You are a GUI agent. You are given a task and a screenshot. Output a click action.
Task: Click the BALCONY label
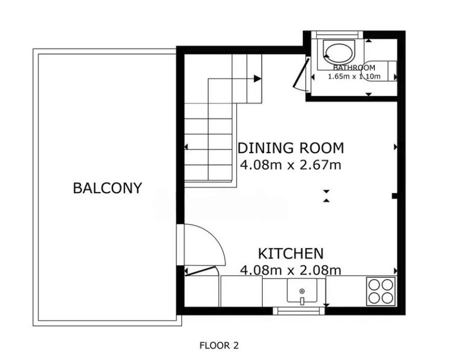[107, 188]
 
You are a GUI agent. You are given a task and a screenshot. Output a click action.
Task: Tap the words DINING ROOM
[291, 148]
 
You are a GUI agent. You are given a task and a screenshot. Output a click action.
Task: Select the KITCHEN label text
[291, 253]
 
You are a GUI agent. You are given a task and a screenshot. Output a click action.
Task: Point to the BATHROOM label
[354, 67]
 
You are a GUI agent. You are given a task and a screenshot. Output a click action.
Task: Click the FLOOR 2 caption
[219, 345]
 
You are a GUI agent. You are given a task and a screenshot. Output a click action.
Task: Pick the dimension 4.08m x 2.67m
[291, 165]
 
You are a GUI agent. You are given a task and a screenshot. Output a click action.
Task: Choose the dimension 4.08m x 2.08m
[291, 270]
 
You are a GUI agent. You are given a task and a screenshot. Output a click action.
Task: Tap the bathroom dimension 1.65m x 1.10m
[354, 76]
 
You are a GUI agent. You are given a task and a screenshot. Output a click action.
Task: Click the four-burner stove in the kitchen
[381, 291]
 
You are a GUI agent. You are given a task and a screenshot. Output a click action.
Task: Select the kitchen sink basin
[302, 290]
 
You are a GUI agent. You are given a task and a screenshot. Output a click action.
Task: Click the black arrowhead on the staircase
[257, 78]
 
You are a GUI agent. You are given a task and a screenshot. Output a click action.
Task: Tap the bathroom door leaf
[301, 73]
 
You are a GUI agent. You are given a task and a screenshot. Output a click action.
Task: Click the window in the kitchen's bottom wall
[299, 311]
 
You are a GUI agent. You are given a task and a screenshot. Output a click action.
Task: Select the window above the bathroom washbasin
[337, 34]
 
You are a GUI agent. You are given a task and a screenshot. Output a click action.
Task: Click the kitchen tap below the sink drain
[302, 301]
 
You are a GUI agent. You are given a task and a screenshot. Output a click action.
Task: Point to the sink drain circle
[302, 291]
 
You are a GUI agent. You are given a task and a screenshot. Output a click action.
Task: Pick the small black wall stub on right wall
[394, 196]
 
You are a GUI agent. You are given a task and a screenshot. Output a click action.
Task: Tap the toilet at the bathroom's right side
[379, 71]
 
